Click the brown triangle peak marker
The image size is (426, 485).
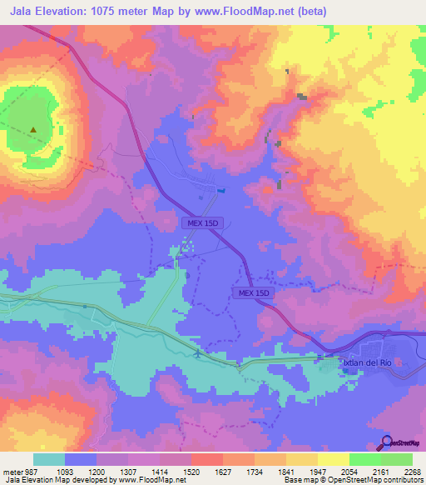coord(33,130)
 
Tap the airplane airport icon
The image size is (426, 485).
coord(196,355)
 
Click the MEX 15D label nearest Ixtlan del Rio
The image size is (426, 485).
coord(251,293)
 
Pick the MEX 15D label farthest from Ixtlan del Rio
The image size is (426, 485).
coord(201,223)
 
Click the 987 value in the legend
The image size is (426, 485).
coord(30,471)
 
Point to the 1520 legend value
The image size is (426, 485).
coord(190,471)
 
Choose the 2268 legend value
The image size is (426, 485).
coord(412,471)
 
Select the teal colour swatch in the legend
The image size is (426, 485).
coord(49,459)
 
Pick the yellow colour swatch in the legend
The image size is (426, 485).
coord(333,459)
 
